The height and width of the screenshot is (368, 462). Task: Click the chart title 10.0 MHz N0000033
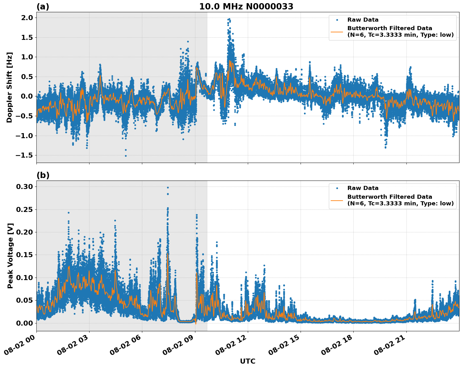tap(246, 7)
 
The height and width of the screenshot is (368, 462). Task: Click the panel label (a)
tap(43, 7)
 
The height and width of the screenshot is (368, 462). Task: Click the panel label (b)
tap(43, 175)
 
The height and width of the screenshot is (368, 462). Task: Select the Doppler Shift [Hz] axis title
tap(9, 87)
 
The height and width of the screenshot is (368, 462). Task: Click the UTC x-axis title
tap(247, 361)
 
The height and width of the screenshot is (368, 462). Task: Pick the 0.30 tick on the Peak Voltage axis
tap(24, 187)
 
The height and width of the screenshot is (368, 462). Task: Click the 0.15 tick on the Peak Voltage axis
tap(24, 255)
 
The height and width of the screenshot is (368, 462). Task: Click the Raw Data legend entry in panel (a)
tap(363, 20)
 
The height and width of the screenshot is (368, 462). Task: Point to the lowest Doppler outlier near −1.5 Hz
tap(126, 156)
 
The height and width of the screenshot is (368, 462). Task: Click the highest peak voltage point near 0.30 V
tap(168, 187)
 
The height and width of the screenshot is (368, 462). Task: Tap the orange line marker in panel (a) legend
tap(337, 32)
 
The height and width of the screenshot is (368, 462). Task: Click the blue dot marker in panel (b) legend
tap(337, 188)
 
